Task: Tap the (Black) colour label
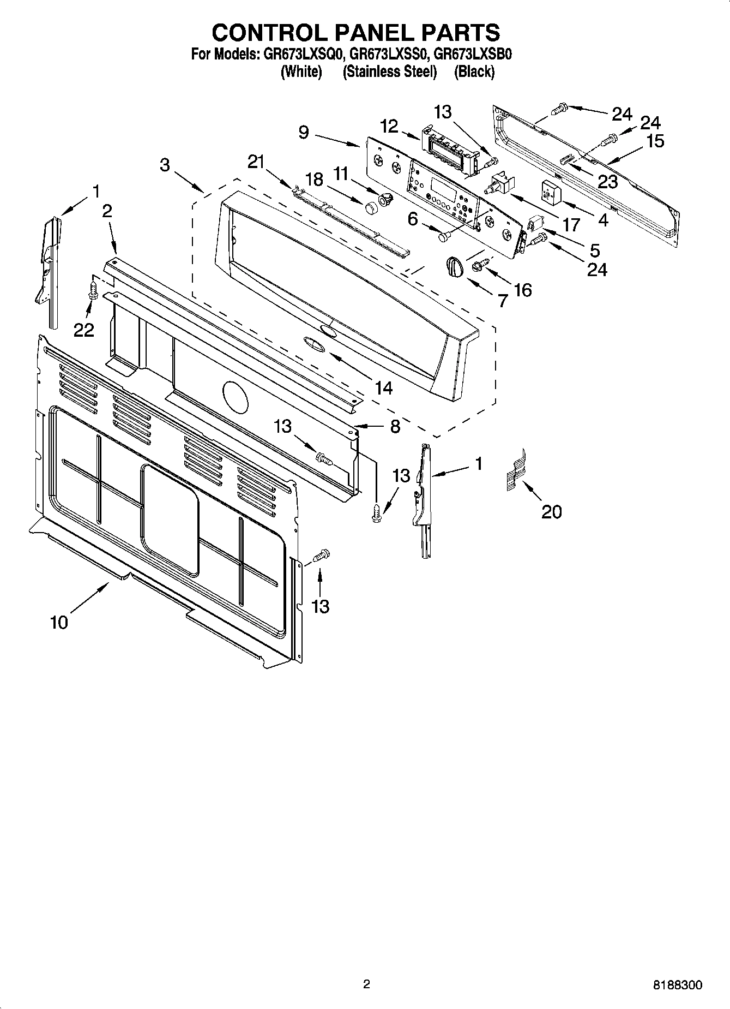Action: pyautogui.click(x=474, y=71)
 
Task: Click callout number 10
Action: pyautogui.click(x=59, y=622)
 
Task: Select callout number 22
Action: pyautogui.click(x=84, y=330)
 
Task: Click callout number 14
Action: pyautogui.click(x=383, y=387)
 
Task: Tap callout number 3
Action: pyautogui.click(x=165, y=165)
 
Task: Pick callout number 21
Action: pyautogui.click(x=256, y=162)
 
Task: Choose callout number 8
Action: pyautogui.click(x=395, y=426)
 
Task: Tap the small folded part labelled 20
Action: pyautogui.click(x=516, y=468)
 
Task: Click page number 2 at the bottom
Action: pyautogui.click(x=366, y=984)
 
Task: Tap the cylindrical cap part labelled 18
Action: pyautogui.click(x=371, y=207)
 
